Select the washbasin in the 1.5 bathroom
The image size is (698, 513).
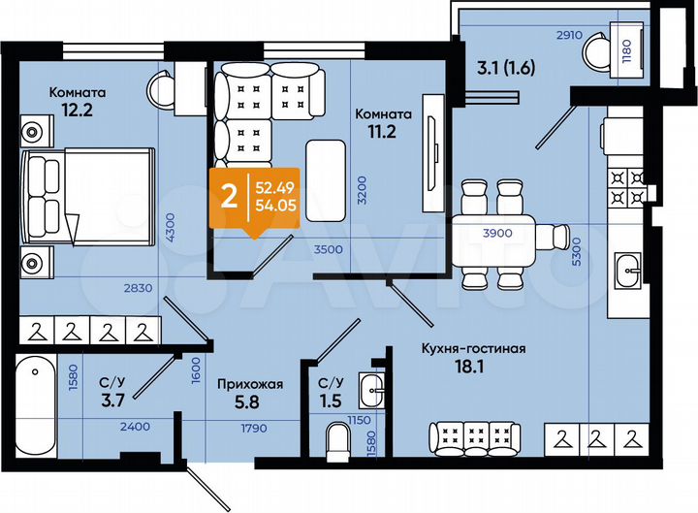[371, 390]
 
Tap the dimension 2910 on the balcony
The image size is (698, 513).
[570, 34]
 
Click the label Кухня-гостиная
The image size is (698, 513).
[473, 349]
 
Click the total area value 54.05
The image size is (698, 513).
[275, 206]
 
